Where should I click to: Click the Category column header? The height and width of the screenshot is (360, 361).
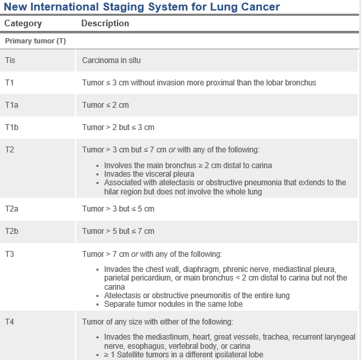pos(23,24)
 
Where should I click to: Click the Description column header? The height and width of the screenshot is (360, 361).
pos(105,24)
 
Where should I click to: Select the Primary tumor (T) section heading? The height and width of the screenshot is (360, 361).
pos(35,41)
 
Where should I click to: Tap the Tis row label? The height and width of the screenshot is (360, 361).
pos(10,60)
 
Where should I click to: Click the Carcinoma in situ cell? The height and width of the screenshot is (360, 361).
pos(111,60)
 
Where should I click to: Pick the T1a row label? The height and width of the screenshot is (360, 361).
pos(12,105)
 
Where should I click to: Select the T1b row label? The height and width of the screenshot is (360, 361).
pos(12,127)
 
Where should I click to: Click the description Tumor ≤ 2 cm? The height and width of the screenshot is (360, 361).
pos(105,105)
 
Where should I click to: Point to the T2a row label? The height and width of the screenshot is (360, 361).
pos(12,209)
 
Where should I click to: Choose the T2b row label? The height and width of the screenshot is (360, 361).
pos(12,231)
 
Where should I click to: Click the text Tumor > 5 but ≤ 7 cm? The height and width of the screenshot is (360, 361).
pos(118,231)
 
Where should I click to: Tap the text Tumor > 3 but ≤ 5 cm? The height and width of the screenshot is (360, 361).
pos(118,209)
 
